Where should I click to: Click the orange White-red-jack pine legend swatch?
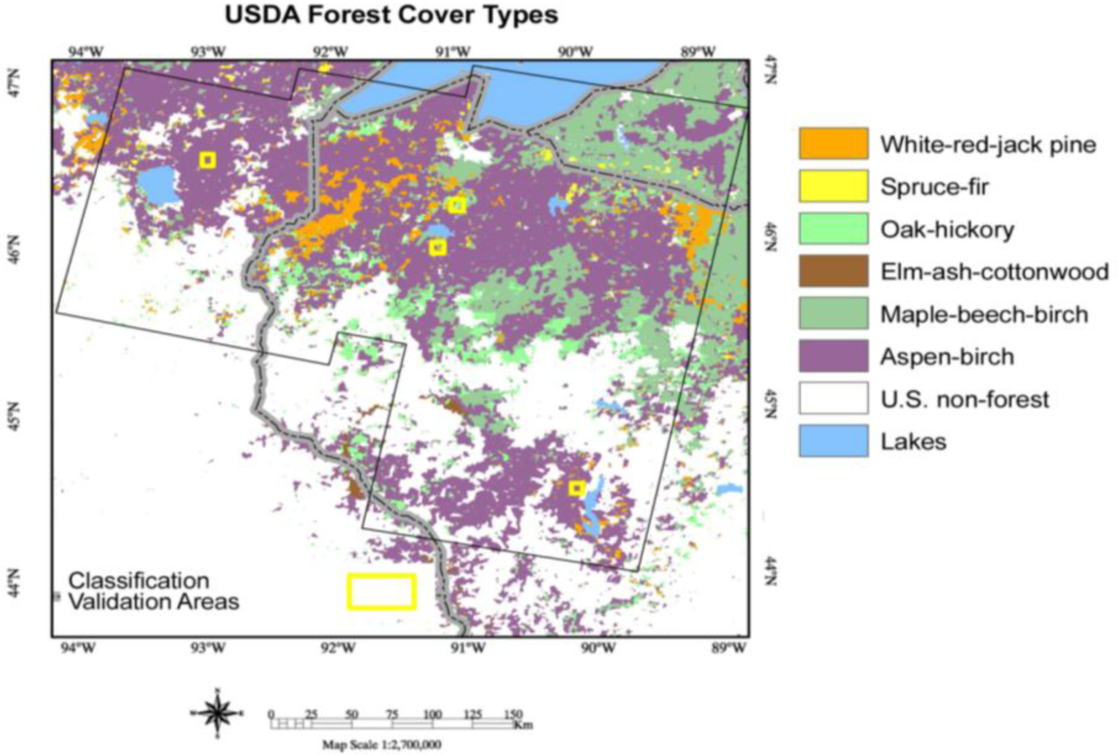coord(833,144)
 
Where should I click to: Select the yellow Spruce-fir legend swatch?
coord(833,186)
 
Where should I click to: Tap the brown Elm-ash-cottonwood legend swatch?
coord(833,271)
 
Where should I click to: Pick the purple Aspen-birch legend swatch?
coord(833,356)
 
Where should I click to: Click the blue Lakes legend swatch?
coord(833,440)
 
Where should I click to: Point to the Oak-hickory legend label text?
coord(947,230)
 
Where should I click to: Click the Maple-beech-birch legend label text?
coord(984,315)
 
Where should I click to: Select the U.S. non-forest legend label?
coord(964,399)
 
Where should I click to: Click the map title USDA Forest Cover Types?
coord(391,15)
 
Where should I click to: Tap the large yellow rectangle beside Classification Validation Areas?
coord(381,591)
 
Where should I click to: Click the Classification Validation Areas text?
coord(154,591)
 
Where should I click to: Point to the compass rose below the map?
coord(217,713)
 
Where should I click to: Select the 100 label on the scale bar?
coord(432,715)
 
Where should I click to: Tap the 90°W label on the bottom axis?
coord(600,647)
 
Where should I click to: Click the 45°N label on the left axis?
coord(14,416)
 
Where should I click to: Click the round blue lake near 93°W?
coord(158,184)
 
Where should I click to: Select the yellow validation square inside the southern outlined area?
coord(577,488)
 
